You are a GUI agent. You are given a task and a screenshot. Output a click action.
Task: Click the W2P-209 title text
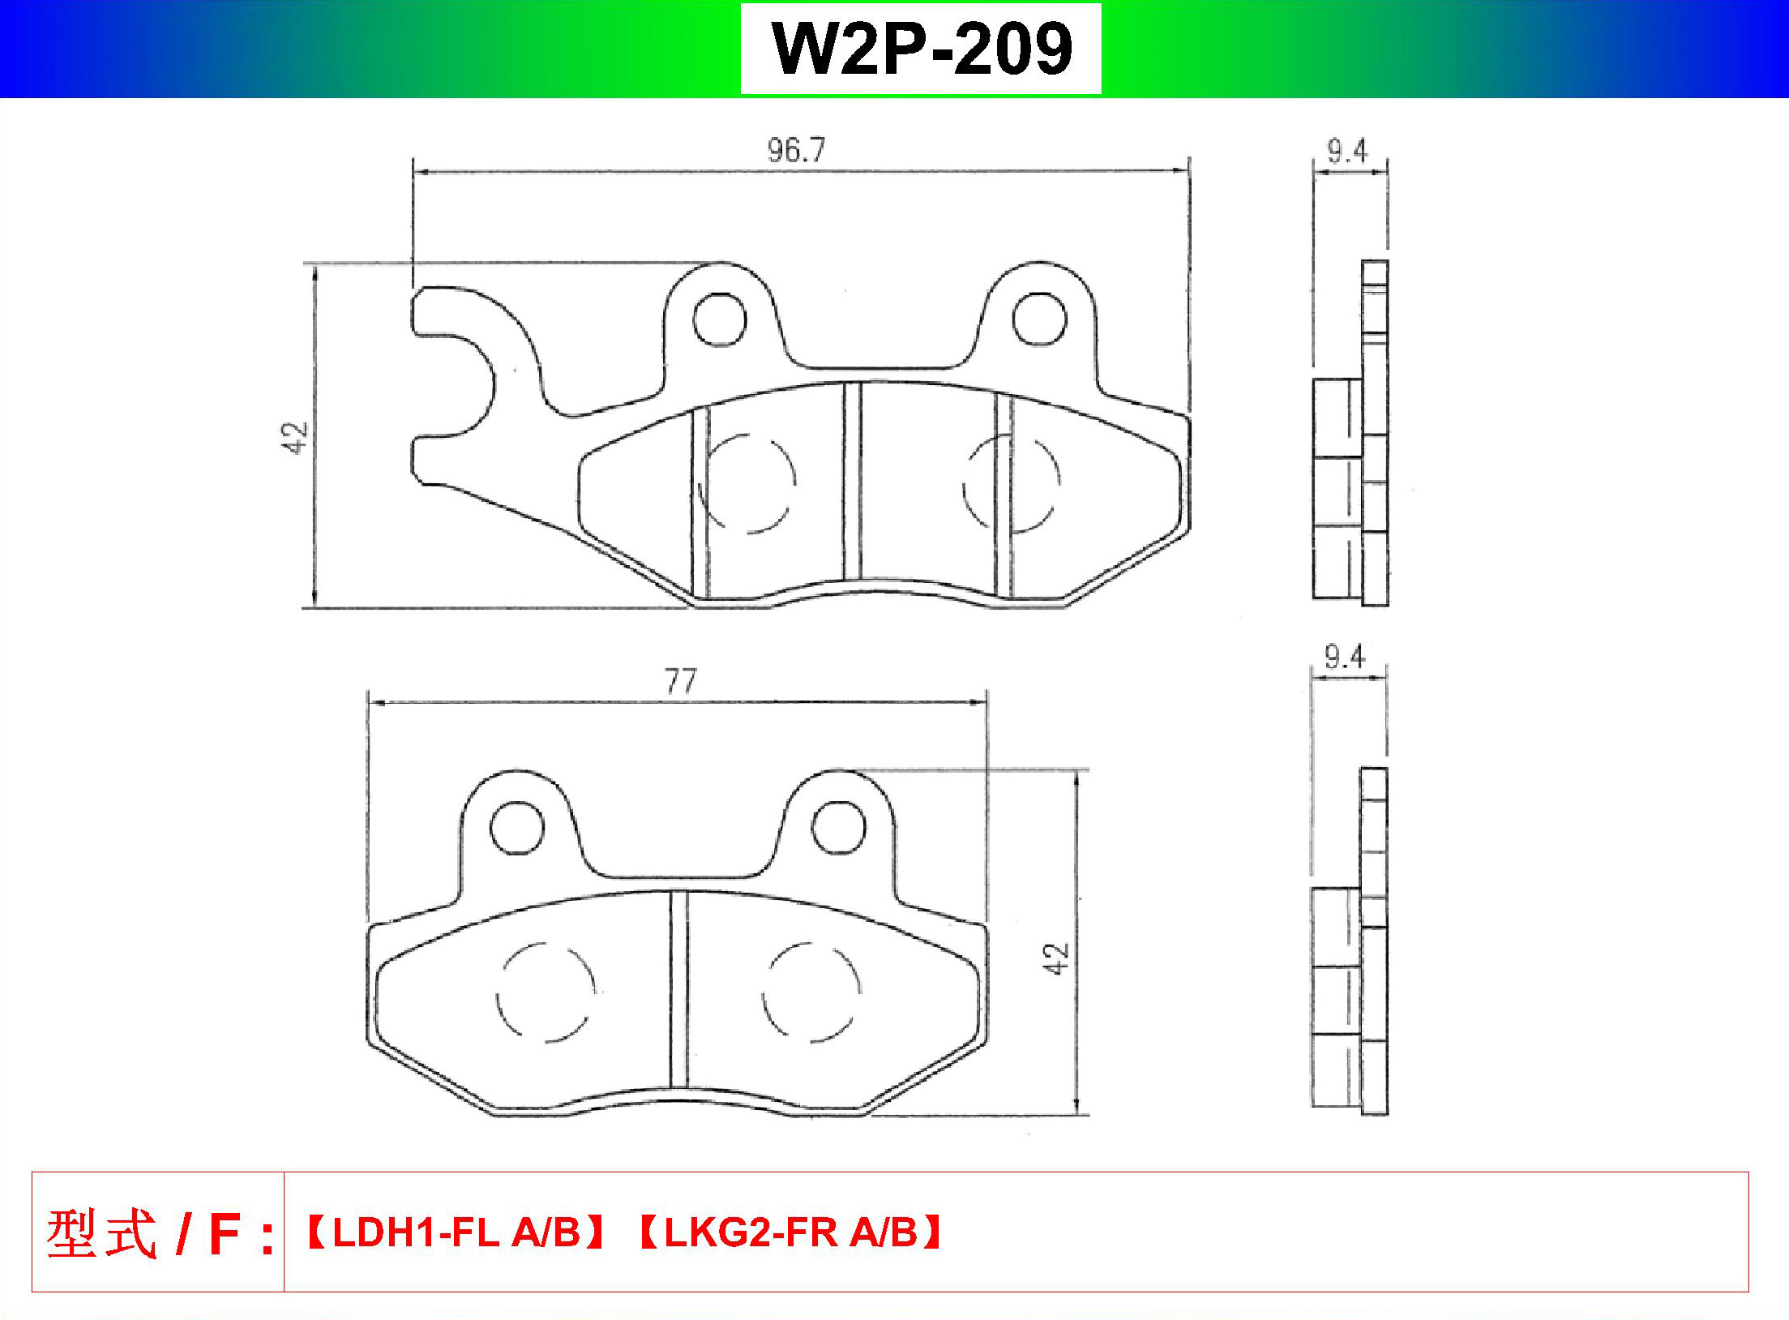(x=922, y=49)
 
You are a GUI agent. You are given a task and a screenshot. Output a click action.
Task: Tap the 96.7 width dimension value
(x=796, y=152)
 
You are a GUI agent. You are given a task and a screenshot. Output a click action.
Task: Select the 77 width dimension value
(x=680, y=683)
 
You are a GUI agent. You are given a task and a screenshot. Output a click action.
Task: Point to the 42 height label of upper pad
(x=297, y=437)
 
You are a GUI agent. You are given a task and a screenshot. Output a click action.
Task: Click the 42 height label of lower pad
(x=1058, y=958)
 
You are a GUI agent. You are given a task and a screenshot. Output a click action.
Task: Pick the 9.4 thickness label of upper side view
(x=1347, y=152)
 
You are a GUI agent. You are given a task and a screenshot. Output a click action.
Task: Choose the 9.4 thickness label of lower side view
(x=1346, y=657)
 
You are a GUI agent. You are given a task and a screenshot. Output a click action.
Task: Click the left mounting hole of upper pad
(x=719, y=319)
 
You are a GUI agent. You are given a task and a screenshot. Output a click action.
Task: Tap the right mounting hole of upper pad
(x=1039, y=319)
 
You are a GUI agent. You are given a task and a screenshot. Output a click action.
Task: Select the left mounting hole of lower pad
(x=517, y=828)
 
